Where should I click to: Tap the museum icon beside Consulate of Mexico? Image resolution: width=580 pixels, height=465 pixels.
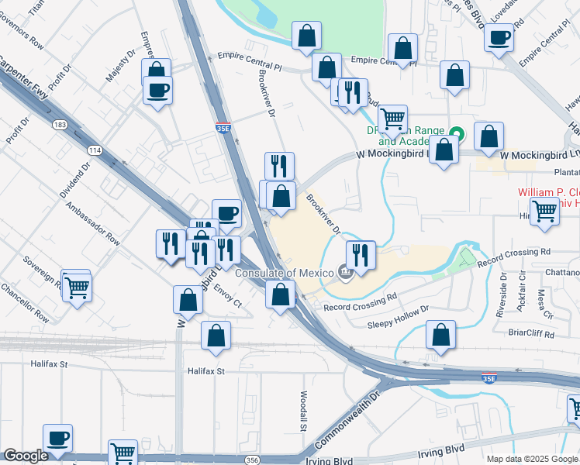click(x=346, y=272)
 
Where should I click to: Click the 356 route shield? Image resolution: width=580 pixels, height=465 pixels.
click(x=254, y=460)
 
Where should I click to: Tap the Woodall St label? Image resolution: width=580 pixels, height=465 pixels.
click(x=302, y=412)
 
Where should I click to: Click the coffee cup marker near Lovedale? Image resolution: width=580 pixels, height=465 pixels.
click(x=500, y=36)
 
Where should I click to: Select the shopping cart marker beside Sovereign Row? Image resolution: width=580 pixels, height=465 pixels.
click(x=76, y=286)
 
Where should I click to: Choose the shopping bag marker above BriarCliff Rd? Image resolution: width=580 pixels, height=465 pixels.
click(x=440, y=336)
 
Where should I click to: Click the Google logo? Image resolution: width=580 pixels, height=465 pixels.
click(x=26, y=456)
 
